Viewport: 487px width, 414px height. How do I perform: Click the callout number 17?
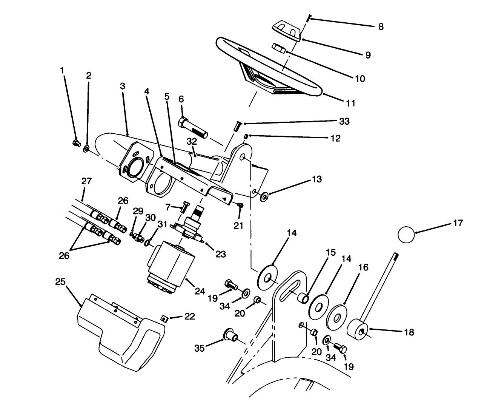[x=457, y=224]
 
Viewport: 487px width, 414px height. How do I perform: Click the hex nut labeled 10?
[x=280, y=48]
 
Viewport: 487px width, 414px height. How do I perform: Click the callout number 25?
[x=60, y=282]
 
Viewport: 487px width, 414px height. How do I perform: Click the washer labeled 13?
[x=264, y=196]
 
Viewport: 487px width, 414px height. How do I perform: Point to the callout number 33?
[x=344, y=121]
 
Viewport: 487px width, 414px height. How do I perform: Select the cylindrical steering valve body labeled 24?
[x=171, y=266]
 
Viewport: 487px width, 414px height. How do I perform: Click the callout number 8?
[x=380, y=26]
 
